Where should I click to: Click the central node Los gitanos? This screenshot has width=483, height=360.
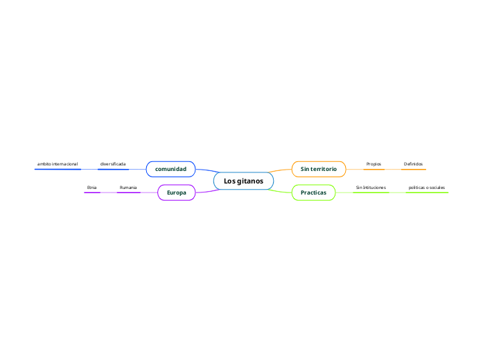[243, 181]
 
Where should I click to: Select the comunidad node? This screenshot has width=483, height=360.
[170, 169]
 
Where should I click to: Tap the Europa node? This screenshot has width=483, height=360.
[177, 192]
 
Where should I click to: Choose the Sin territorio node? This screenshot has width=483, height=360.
[318, 169]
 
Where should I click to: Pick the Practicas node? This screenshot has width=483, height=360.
[313, 192]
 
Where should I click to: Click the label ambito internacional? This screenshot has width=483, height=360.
[58, 164]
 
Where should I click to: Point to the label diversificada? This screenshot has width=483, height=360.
[113, 164]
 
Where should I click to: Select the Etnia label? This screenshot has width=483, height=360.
[91, 188]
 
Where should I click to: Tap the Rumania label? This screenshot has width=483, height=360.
[128, 188]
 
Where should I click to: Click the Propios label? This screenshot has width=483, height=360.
[374, 164]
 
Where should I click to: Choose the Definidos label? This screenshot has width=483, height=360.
[413, 164]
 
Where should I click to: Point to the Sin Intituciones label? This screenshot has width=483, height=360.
[371, 188]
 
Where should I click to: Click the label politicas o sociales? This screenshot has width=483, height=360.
[427, 188]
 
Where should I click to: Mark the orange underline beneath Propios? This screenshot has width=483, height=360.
[374, 169]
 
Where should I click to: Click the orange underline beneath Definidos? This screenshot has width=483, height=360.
[414, 169]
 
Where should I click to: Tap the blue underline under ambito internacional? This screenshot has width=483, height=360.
[58, 169]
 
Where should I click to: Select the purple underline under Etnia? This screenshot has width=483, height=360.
[92, 192]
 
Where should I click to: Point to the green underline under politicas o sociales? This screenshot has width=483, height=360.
[427, 192]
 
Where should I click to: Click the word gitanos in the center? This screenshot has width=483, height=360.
[249, 181]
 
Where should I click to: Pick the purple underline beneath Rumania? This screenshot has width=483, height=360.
[128, 192]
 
